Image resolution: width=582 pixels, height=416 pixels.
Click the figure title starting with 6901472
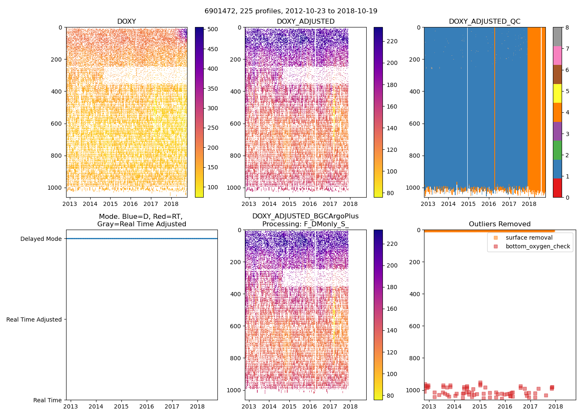click(291, 11)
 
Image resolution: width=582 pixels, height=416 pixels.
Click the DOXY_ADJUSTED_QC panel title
click(484, 22)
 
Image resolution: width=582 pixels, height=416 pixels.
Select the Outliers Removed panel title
click(500, 224)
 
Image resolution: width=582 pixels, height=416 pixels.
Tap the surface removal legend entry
click(529, 238)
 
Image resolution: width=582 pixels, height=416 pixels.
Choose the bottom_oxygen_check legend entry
click(538, 246)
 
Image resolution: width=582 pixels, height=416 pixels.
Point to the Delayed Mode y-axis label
click(41, 239)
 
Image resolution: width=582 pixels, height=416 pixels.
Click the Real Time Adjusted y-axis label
click(34, 319)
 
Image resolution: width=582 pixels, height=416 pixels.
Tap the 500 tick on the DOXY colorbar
click(213, 29)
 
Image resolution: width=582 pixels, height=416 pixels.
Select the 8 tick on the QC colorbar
click(567, 27)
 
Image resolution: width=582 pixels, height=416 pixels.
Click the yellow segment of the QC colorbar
click(557, 94)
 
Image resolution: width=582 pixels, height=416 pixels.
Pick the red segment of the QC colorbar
click(557, 188)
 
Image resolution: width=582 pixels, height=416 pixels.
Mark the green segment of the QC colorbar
click(557, 150)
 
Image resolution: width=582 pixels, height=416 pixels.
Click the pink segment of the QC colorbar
click(557, 56)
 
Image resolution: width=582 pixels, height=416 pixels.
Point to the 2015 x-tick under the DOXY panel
click(110, 204)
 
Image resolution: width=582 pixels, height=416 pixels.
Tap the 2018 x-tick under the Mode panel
click(197, 406)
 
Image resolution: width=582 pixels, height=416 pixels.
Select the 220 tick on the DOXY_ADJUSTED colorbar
click(392, 41)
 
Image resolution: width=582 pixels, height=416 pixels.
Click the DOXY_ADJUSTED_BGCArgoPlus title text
click(305, 216)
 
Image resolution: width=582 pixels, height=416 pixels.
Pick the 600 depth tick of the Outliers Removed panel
click(414, 326)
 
